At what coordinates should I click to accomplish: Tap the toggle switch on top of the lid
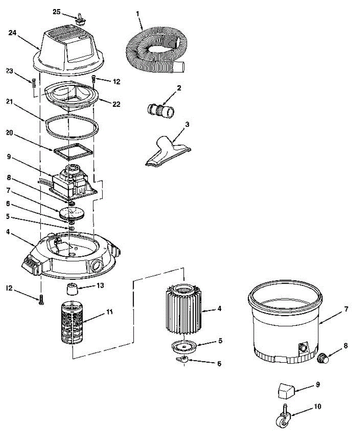coord(79,19)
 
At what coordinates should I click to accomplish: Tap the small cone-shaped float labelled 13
coord(73,290)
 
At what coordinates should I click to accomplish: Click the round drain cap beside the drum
coord(322,359)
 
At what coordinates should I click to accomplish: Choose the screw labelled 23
coord(34,83)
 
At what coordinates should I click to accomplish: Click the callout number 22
coord(116,104)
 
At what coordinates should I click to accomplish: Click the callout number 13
coord(100,285)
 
